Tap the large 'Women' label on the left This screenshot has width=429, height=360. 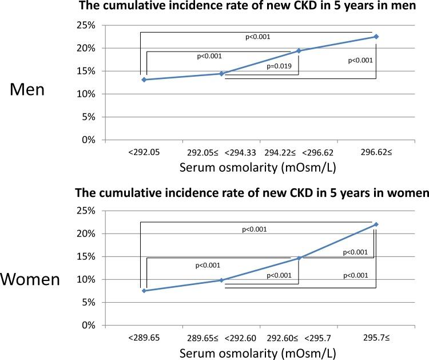coord(30,279)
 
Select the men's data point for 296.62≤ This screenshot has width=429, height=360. coord(376,37)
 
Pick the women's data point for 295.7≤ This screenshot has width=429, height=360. coord(376,224)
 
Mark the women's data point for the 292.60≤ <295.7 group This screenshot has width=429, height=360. coord(299,258)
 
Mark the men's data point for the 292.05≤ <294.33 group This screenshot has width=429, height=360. coord(221,74)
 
